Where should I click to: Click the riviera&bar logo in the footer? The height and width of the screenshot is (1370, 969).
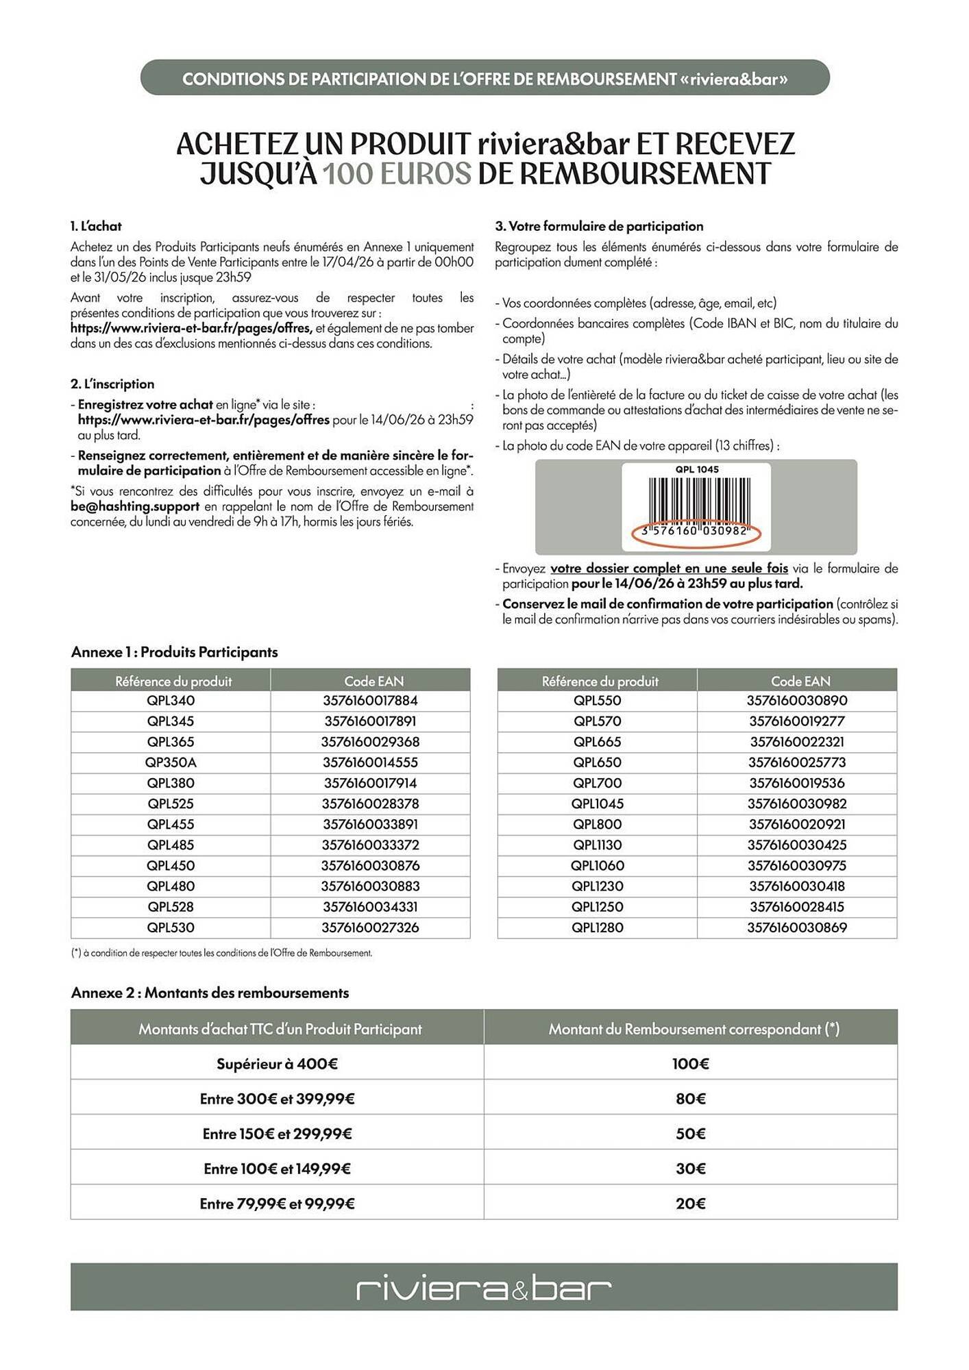[x=484, y=1289]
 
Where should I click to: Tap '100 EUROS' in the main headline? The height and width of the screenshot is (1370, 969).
[x=397, y=174]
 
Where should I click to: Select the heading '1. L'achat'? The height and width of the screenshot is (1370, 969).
[x=96, y=226]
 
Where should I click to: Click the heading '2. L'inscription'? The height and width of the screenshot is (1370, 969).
[x=112, y=384]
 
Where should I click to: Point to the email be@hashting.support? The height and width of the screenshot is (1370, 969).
[x=135, y=506]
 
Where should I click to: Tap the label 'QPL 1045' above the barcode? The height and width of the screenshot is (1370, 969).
[x=696, y=469]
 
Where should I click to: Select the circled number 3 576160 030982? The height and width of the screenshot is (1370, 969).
[x=696, y=532]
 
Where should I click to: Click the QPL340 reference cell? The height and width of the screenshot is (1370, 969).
[x=171, y=700]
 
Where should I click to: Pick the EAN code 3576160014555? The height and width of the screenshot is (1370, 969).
[x=370, y=762]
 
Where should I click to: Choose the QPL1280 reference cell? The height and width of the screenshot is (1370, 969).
[x=597, y=927]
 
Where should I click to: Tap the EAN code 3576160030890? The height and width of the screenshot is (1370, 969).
[x=796, y=700]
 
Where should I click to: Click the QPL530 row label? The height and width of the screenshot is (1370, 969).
[x=171, y=927]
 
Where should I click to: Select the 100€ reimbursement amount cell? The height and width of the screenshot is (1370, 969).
[x=690, y=1064]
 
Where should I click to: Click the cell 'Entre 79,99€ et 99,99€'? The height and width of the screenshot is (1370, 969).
[x=277, y=1204]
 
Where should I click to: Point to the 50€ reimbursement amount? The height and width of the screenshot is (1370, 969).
[x=690, y=1134]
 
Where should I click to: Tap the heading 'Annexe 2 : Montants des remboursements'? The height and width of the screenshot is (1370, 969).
[x=210, y=993]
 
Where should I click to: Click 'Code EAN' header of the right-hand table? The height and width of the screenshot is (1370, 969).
[x=800, y=681]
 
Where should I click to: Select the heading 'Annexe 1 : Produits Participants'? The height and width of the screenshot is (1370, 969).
[x=174, y=651]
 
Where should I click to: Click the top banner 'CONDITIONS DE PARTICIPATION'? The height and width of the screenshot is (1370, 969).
[x=484, y=79]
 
